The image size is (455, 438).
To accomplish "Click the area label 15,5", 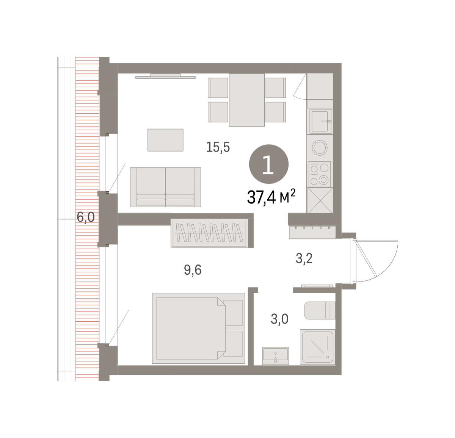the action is pos(218,147).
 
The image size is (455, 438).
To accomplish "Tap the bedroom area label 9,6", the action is pos(193,270).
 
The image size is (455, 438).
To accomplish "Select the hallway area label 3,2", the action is pos(304,259).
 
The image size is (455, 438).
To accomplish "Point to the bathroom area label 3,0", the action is pos(279,319).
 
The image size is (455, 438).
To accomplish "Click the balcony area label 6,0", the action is pos(86,217).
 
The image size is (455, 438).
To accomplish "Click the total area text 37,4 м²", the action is pos(271,197).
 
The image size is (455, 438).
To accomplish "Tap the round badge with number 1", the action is pos(269,164).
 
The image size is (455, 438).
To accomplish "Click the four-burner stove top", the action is pos(320,174).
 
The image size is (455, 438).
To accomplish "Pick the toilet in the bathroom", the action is pos(320,310).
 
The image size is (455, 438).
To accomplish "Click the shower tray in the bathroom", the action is pos(317,347).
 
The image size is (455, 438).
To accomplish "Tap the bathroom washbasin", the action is pos(275,355).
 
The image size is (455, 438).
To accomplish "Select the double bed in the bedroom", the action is pos(199,328).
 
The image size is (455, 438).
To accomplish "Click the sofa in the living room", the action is pos(165,187).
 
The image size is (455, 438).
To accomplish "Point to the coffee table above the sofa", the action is pos(165,140).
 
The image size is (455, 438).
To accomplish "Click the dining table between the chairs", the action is pos(247,100).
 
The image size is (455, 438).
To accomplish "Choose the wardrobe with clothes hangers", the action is pos(210,233).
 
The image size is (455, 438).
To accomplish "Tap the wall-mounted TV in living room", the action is pos(165,76).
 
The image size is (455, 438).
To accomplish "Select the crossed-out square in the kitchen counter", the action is pos(320,200).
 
